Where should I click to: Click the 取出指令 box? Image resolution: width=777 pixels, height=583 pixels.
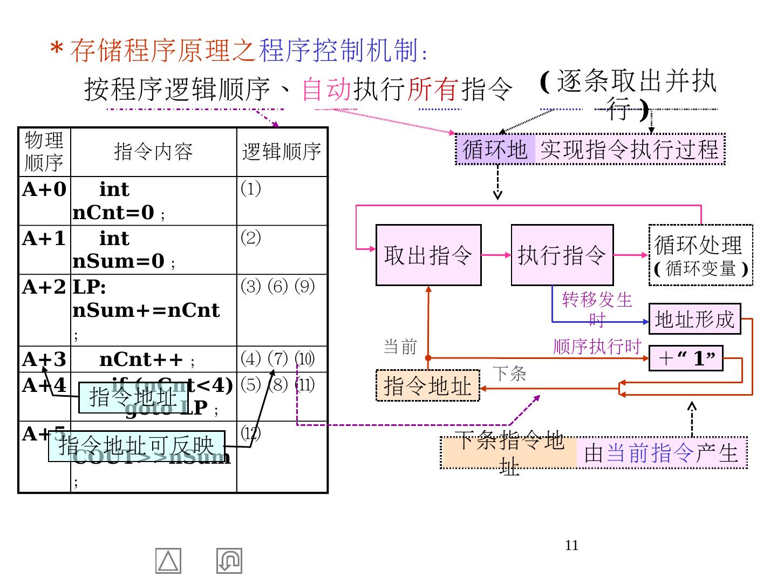(428, 255)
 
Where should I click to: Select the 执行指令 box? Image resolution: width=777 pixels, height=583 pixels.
(562, 255)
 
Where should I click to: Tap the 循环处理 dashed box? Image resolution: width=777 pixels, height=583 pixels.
(700, 255)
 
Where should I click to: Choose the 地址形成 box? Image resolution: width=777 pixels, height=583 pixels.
(694, 319)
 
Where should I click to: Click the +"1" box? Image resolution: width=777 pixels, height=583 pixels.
(686, 358)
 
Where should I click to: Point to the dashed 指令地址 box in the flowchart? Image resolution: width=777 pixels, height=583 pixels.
(427, 386)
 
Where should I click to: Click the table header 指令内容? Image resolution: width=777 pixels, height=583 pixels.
(153, 152)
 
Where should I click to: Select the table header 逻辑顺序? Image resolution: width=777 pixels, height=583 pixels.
(282, 152)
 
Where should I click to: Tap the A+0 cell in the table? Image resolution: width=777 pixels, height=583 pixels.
(44, 189)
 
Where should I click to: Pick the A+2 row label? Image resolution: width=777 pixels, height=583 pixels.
(44, 287)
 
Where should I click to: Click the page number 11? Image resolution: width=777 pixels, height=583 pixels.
(571, 546)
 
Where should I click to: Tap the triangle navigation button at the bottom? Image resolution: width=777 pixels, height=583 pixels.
(168, 561)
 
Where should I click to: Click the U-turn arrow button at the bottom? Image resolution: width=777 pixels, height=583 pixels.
(229, 561)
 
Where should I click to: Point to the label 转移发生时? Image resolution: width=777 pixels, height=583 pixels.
(597, 308)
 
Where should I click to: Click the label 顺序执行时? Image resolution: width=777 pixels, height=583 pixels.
(597, 347)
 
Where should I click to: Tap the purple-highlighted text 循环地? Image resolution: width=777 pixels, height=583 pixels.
(495, 150)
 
